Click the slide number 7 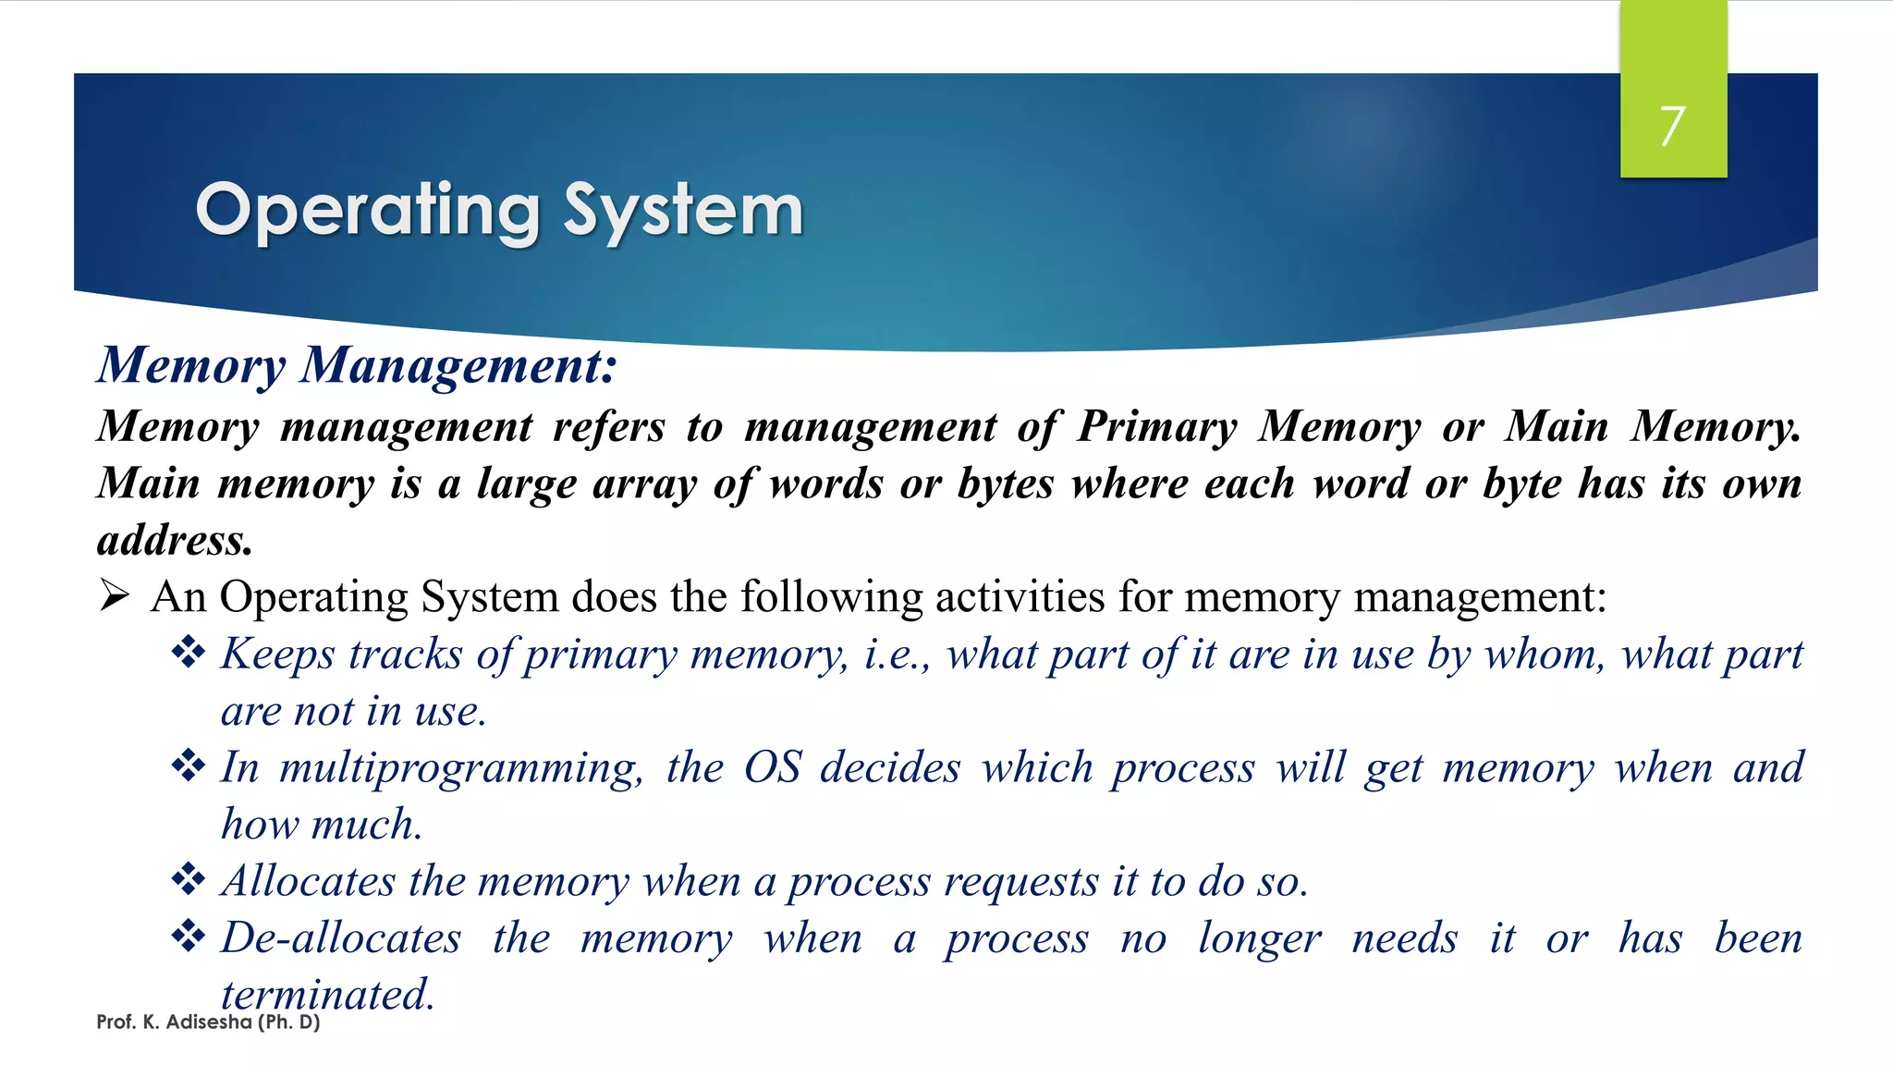click(x=1672, y=126)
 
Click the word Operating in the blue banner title click(x=367, y=212)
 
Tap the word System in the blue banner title click(x=683, y=212)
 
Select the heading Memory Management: click(x=357, y=365)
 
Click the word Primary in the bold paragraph click(x=1156, y=427)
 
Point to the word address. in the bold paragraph click(x=175, y=540)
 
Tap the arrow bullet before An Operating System click(x=115, y=596)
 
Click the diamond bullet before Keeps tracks click(x=189, y=653)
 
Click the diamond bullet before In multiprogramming click(x=189, y=765)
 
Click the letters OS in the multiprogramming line click(x=772, y=767)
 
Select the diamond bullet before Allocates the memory click(x=189, y=879)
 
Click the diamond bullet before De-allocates click(x=189, y=936)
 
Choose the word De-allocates click(x=341, y=938)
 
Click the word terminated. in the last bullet click(x=327, y=995)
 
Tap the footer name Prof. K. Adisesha click(x=174, y=1022)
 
